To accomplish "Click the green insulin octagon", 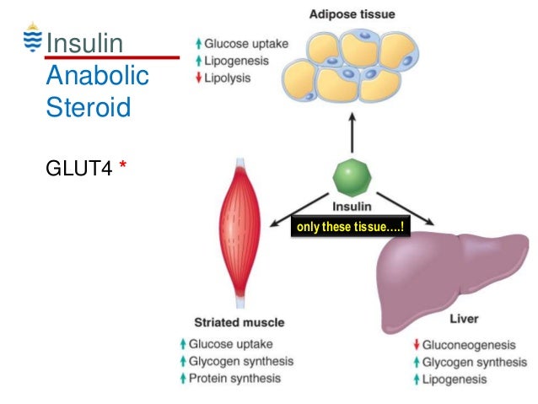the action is pos(352,177).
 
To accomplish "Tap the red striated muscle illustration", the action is pos(239,233).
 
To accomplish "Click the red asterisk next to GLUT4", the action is pos(122,164).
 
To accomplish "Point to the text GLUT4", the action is pos(79,168).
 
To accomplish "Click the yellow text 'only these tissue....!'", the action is pos(350,227).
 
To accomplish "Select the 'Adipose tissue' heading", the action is pos(352,14).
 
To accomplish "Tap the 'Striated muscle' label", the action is pos(239,322).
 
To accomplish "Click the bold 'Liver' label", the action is pos(464,319).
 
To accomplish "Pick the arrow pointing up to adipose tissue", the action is pos(352,132).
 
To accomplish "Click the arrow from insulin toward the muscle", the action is pos(299,210).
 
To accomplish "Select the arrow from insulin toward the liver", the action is pos(406,209).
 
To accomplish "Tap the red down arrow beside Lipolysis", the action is pos(198,78).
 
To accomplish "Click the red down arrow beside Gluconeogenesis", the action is pos(417,344).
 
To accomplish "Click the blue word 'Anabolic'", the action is pos(98,75).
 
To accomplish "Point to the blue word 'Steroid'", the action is pos(89,107).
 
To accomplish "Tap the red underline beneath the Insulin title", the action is pos(112,57).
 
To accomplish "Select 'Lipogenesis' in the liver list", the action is pos(455,380).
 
